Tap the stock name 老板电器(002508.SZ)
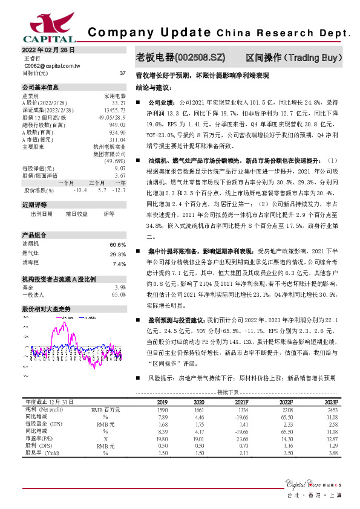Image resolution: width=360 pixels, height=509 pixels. coord(182,58)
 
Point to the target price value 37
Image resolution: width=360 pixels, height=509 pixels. coord(123,73)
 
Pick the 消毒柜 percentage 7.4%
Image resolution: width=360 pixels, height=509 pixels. coord(119,264)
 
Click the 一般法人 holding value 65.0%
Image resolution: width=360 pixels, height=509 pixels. coord(118,294)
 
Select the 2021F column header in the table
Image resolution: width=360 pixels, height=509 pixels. coord(241,402)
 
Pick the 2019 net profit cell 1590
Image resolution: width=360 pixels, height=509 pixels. coord(162,410)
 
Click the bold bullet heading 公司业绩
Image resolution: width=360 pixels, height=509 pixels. coord(160,103)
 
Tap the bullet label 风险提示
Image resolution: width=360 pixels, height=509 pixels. coord(160,378)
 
